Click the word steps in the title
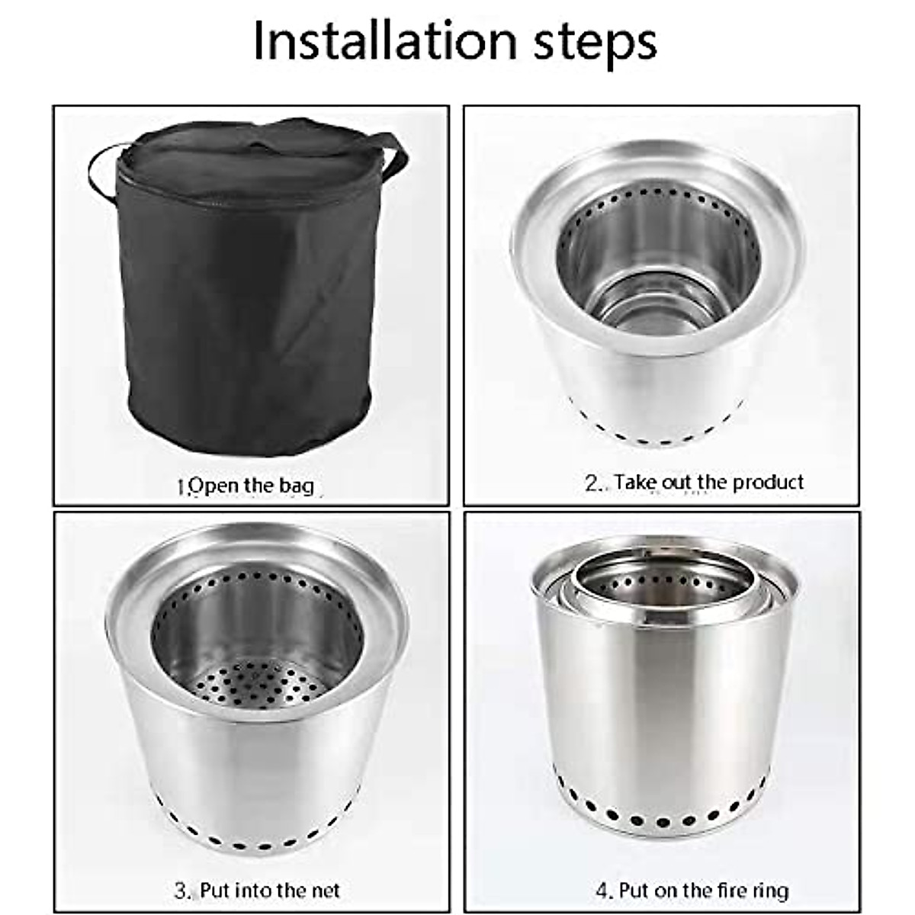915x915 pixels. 595,43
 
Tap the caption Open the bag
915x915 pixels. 246,486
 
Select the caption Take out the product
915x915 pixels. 695,482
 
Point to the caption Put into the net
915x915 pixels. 257,890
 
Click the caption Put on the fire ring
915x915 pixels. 692,890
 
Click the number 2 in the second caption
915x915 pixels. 592,483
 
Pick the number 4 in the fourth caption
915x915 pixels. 602,891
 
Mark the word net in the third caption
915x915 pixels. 325,891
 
